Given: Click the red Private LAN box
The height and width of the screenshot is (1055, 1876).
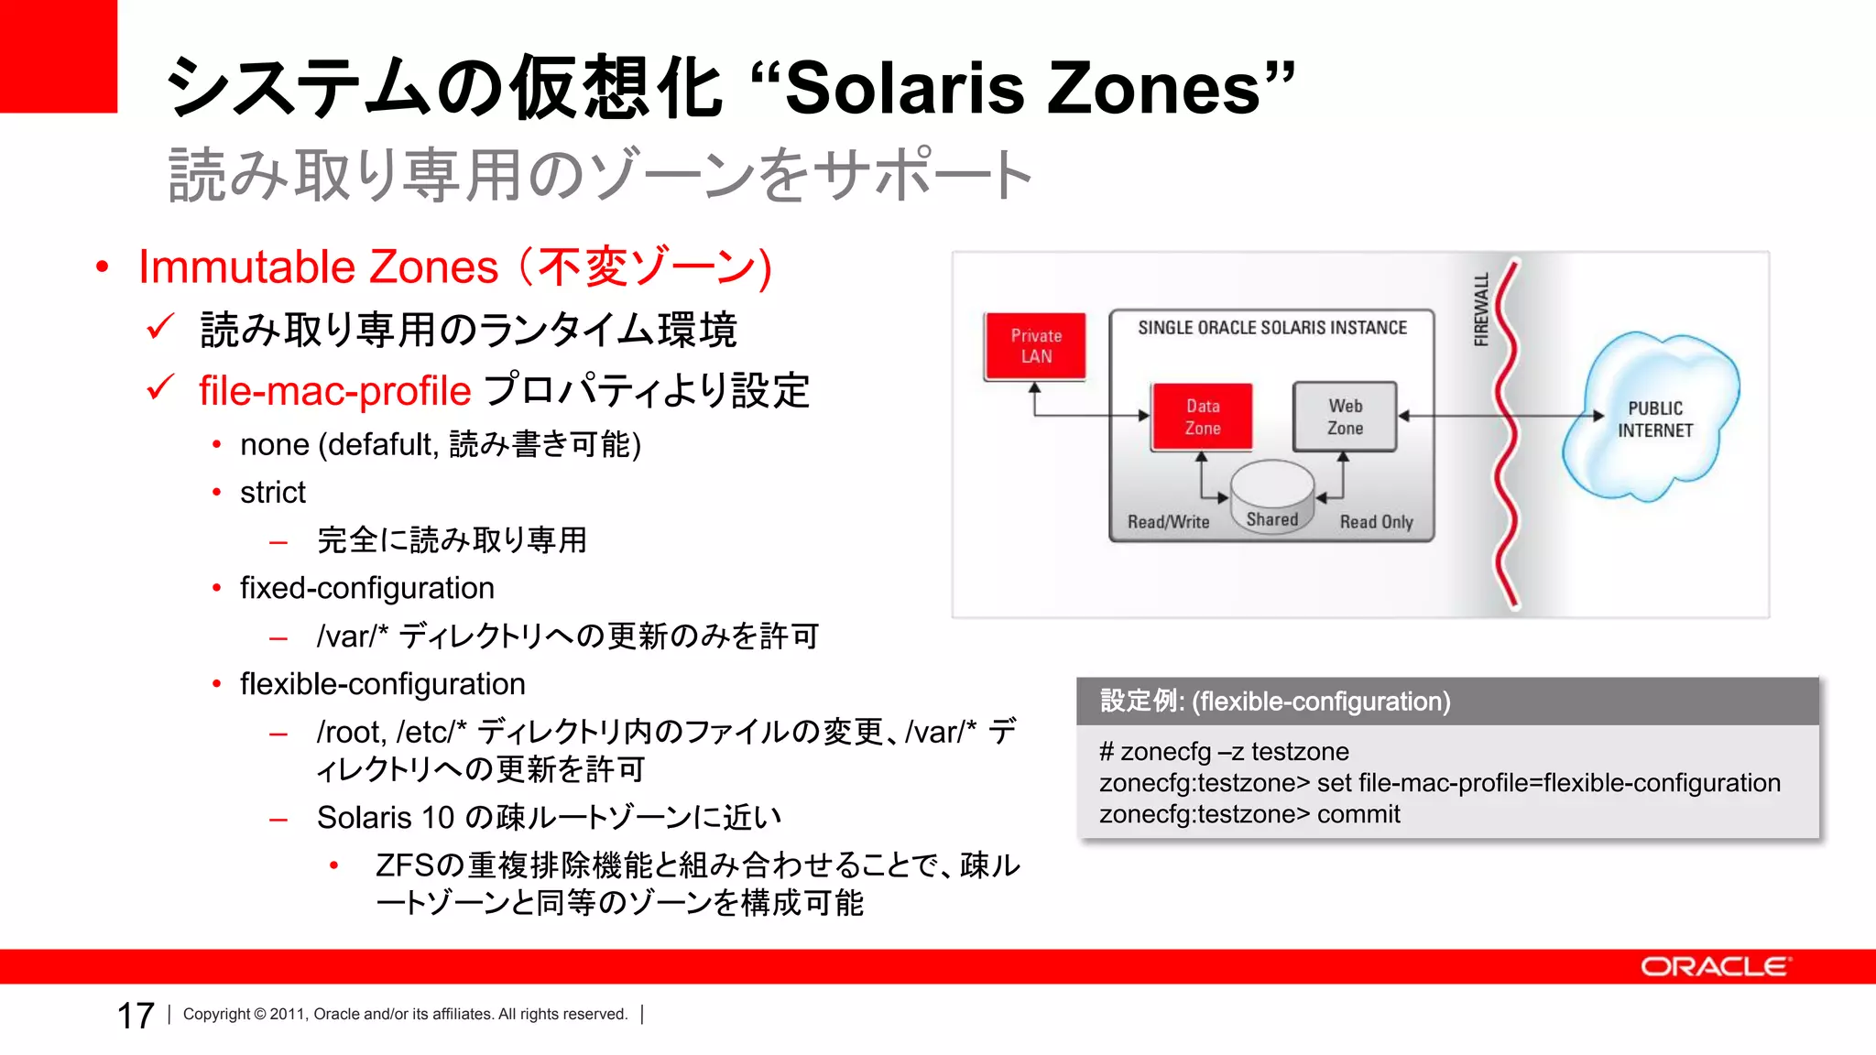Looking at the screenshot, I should (1035, 346).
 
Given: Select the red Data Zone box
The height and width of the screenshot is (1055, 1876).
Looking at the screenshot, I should (1202, 417).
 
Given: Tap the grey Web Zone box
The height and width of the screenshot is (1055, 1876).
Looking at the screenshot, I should (1345, 417).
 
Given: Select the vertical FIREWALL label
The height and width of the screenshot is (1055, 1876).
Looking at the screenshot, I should (1480, 310).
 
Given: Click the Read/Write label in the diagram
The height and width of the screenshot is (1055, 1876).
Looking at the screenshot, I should (1168, 522).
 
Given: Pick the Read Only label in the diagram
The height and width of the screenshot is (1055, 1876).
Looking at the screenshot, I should (1376, 522).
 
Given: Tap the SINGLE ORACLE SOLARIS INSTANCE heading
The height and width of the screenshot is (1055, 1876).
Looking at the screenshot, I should (1271, 328).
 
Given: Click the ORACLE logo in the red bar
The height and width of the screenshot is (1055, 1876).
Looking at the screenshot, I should (1715, 967).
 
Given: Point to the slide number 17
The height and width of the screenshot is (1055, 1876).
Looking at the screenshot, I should (136, 1016).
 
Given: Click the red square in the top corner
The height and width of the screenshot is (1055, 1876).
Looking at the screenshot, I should (58, 56).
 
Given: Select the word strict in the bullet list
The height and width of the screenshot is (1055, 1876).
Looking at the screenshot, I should (273, 493).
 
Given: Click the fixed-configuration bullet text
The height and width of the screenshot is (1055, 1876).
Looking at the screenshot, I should (366, 588).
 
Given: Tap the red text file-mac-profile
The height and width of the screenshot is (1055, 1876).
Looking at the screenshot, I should (334, 391).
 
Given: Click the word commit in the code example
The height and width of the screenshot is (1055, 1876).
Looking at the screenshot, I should (1358, 814).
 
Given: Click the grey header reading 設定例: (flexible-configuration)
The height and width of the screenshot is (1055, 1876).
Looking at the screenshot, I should (1275, 702).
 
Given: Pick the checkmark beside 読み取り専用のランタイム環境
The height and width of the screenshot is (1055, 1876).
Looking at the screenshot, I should (160, 326).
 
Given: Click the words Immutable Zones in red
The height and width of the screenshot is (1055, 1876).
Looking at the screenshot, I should (318, 267).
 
